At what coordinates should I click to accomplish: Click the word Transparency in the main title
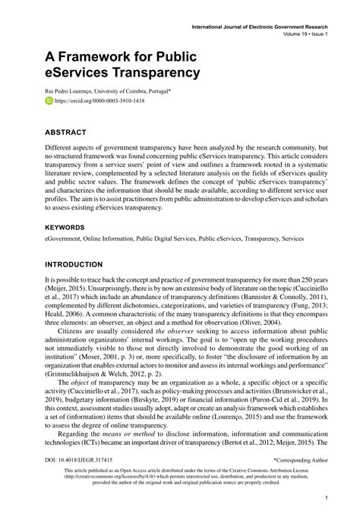click(x=155, y=73)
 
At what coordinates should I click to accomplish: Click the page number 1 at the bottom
click(x=325, y=498)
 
